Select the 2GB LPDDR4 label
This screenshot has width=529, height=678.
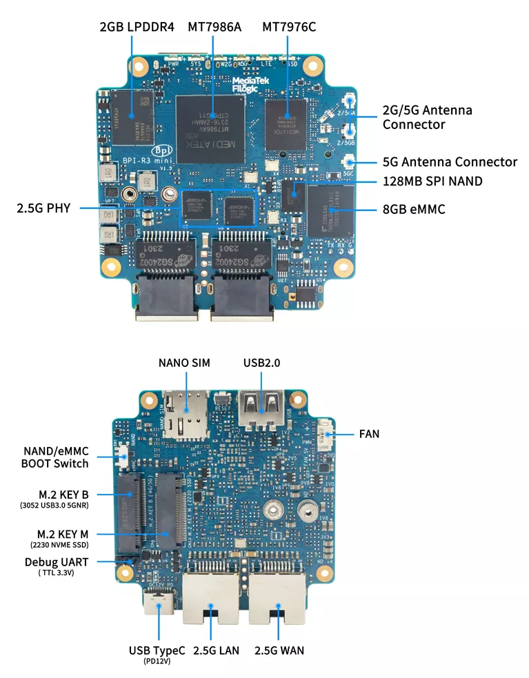pos(137,27)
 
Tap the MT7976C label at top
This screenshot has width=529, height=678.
pos(289,27)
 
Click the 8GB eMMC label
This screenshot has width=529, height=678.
pos(414,208)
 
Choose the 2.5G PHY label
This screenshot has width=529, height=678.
pos(43,207)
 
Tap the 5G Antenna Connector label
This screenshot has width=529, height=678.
pos(450,162)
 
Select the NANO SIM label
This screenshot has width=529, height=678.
pos(184,363)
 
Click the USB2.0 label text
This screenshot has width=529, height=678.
pos(261,363)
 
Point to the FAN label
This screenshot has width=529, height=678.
pos(369,435)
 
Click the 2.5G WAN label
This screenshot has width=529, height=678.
pos(279,650)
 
